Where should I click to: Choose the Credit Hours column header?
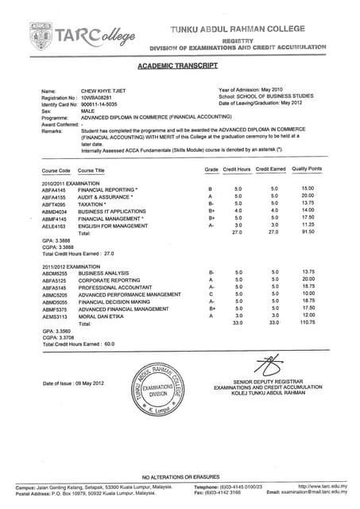(237, 169)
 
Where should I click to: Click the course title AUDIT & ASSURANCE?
(106, 196)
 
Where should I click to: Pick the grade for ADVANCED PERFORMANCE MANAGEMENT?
(211, 293)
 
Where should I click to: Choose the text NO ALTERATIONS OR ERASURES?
(180, 476)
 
